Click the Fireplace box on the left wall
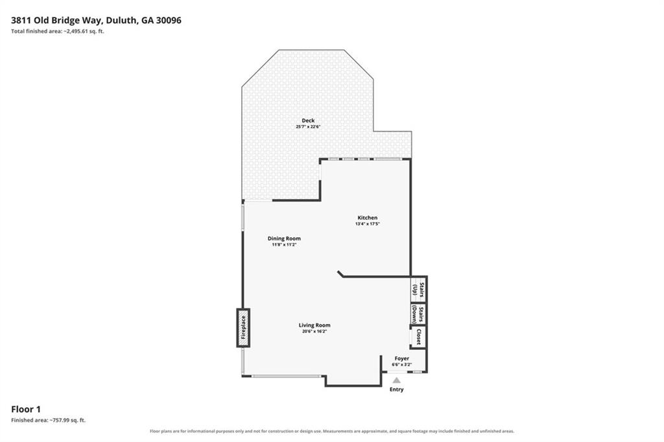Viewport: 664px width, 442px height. tap(243, 328)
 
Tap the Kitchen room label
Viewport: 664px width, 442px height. tap(367, 218)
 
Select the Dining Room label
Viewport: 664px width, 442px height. tap(284, 238)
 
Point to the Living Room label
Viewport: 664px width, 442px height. tap(314, 325)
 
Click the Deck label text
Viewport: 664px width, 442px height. tap(308, 121)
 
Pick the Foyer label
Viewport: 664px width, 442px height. tap(402, 358)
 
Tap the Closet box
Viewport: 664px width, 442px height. tap(418, 337)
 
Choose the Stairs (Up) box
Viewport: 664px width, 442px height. tap(418, 290)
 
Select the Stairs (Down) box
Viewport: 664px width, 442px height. tap(418, 314)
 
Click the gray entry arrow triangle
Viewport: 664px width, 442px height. tap(396, 380)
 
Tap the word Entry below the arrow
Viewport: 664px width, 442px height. tap(397, 390)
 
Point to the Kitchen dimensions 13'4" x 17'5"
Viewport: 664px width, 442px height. tap(368, 224)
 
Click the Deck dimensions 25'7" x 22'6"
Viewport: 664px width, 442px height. tap(308, 126)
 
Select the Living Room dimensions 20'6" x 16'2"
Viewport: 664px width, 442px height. tap(314, 332)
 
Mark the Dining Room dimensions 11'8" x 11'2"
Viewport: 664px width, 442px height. tap(284, 245)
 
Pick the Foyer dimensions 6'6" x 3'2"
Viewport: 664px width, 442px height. tap(402, 364)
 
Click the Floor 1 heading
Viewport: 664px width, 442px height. tap(26, 410)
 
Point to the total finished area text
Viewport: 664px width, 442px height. tap(58, 31)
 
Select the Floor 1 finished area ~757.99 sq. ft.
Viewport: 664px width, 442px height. tap(48, 421)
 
